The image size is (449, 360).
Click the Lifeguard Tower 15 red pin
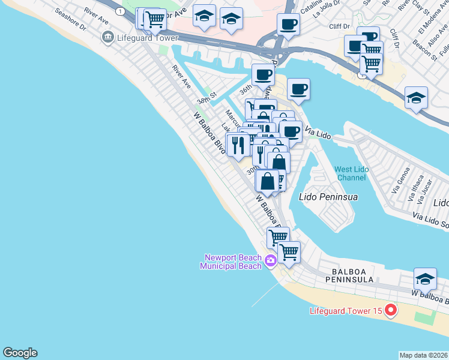point(391,310)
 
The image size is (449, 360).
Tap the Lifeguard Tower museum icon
point(108,37)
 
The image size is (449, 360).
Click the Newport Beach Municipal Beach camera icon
point(270,260)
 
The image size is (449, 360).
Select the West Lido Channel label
point(351,173)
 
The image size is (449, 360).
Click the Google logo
point(20,353)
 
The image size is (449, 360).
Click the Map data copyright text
point(423,355)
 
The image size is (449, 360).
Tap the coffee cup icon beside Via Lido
point(291,131)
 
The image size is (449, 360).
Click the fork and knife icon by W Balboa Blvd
point(238,145)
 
